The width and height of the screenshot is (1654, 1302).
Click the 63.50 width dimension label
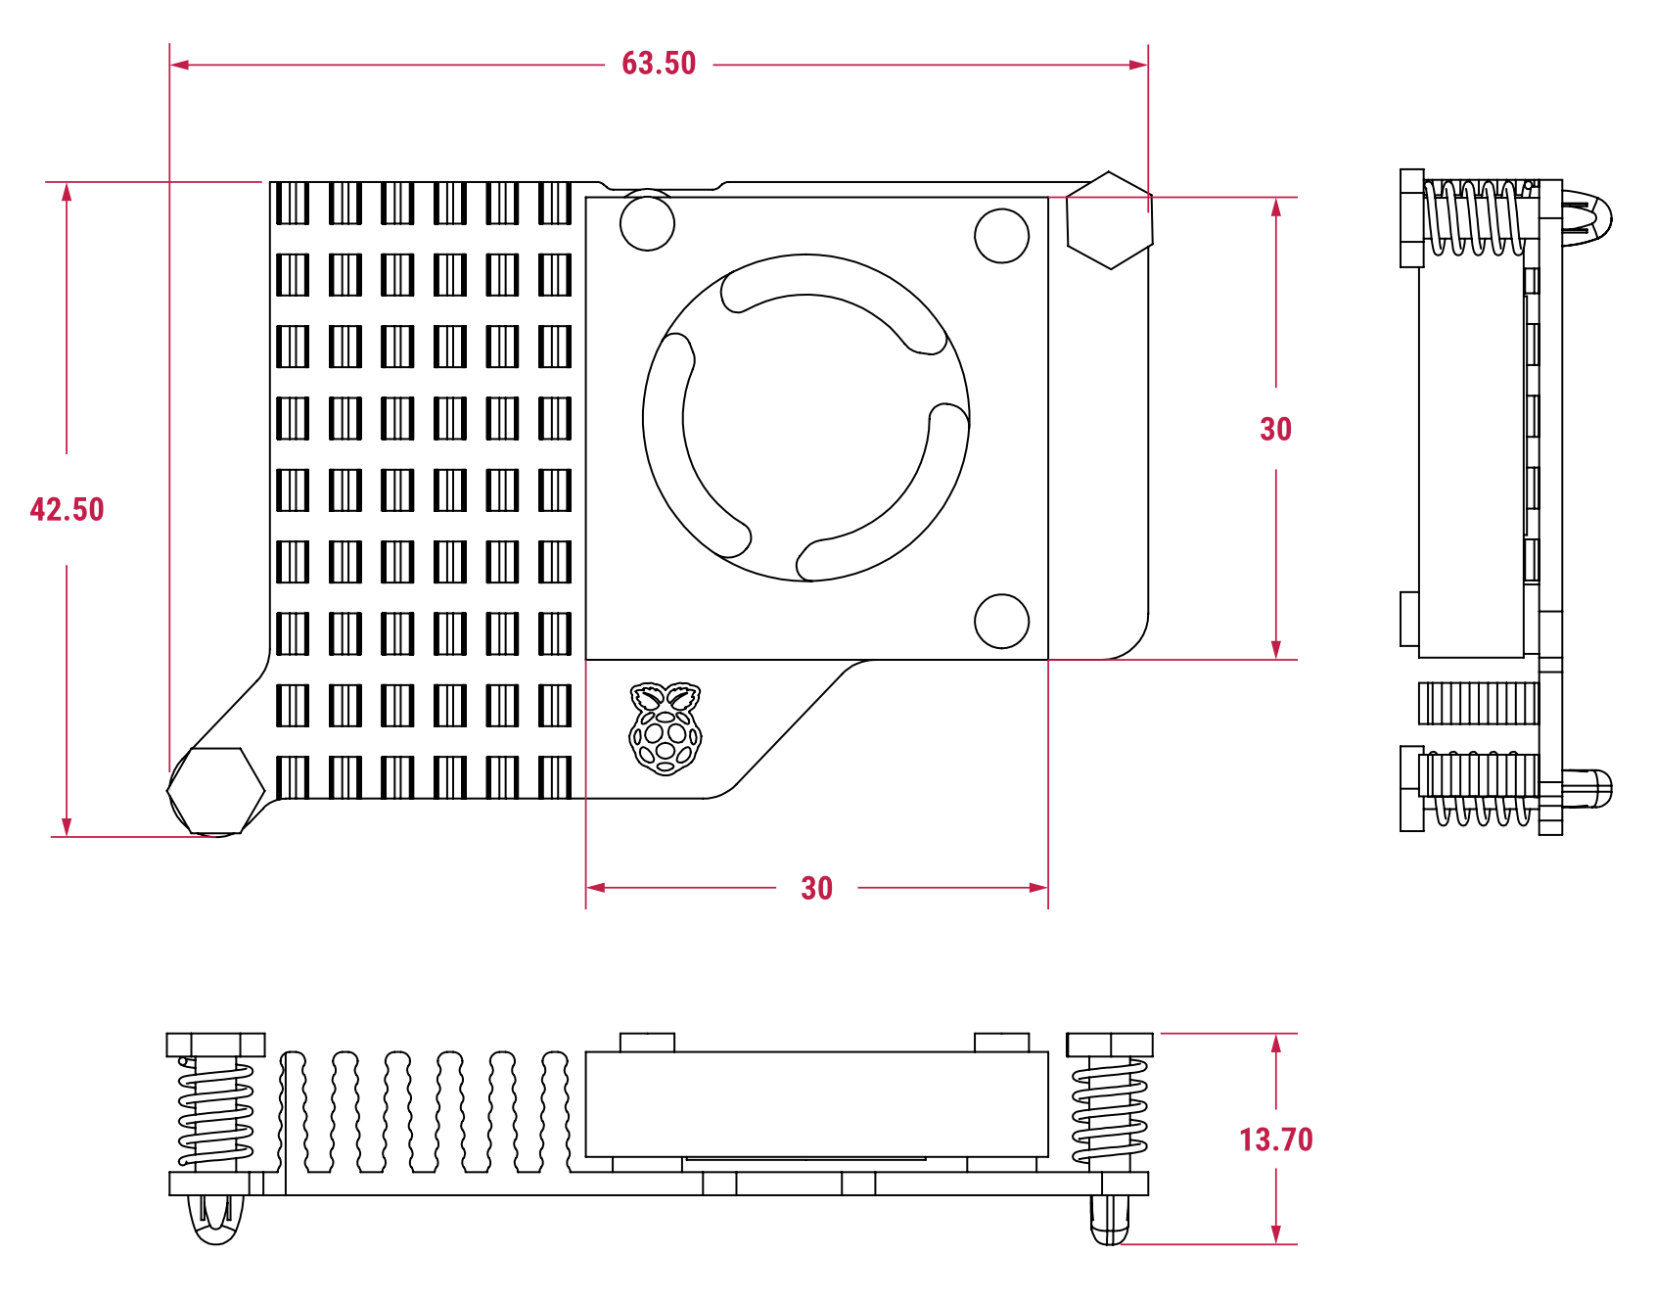pos(659,64)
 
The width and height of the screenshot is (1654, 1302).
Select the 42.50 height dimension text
pos(67,509)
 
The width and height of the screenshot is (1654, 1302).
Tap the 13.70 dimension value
pos(1276,1139)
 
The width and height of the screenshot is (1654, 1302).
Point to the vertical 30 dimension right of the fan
pos(1275,429)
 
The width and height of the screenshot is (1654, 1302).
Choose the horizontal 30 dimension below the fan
pos(816,888)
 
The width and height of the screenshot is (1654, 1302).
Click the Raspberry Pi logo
pos(666,729)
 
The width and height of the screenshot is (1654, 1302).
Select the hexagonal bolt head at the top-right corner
pos(1109,220)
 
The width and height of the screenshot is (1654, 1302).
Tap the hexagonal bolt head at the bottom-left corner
pos(216,792)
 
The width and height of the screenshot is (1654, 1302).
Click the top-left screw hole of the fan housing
pos(647,223)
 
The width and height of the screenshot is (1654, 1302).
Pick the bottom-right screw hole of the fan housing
pos(1002,621)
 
